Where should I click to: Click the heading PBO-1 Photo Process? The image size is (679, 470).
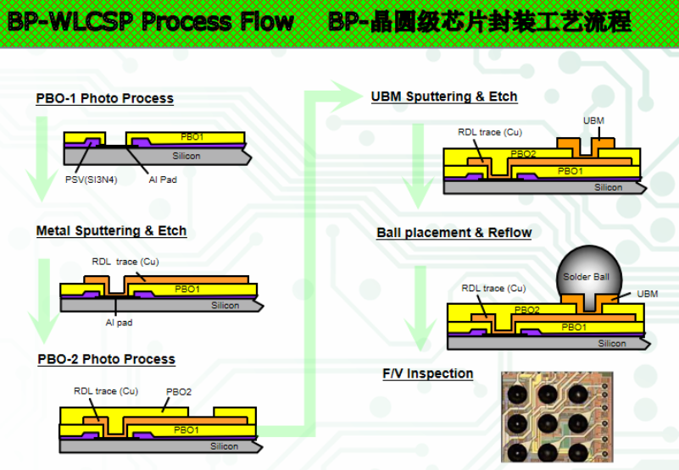[x=104, y=98]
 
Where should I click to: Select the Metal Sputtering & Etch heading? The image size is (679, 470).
[x=111, y=230]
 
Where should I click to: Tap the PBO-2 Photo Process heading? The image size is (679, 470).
[x=106, y=359]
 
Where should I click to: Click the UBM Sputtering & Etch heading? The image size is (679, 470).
[x=444, y=97]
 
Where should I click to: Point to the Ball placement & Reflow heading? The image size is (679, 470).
[x=454, y=233]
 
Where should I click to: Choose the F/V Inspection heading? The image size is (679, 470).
[x=428, y=373]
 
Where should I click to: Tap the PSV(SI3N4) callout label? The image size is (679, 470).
[x=91, y=179]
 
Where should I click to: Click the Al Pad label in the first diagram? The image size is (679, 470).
[x=162, y=179]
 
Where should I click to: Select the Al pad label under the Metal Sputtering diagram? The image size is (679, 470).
[x=119, y=322]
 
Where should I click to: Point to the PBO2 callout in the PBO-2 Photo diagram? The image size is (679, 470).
[x=179, y=391]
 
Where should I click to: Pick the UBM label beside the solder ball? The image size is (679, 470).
[x=646, y=295]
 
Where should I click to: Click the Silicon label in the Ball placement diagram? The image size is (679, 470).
[x=612, y=343]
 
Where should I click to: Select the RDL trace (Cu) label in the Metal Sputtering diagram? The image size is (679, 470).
[x=125, y=262]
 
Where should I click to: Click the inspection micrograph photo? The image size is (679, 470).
[x=555, y=418]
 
